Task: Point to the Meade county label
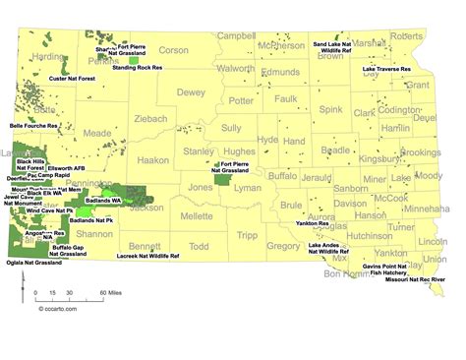pyautogui.click(x=98, y=132)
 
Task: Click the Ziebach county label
pyautogui.click(x=150, y=118)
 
